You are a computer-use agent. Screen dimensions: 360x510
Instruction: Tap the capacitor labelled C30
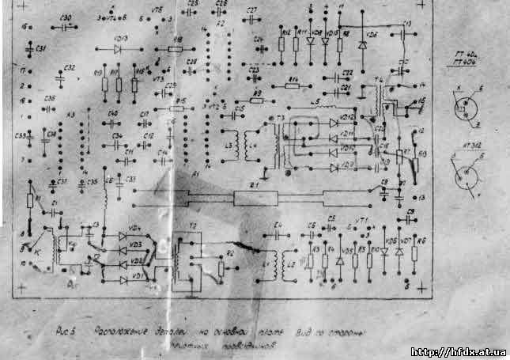click(66, 25)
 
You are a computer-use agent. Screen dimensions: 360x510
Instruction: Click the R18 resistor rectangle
click(176, 48)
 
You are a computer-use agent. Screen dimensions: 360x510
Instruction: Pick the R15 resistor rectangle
click(178, 108)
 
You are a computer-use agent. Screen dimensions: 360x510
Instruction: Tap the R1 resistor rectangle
click(30, 200)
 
